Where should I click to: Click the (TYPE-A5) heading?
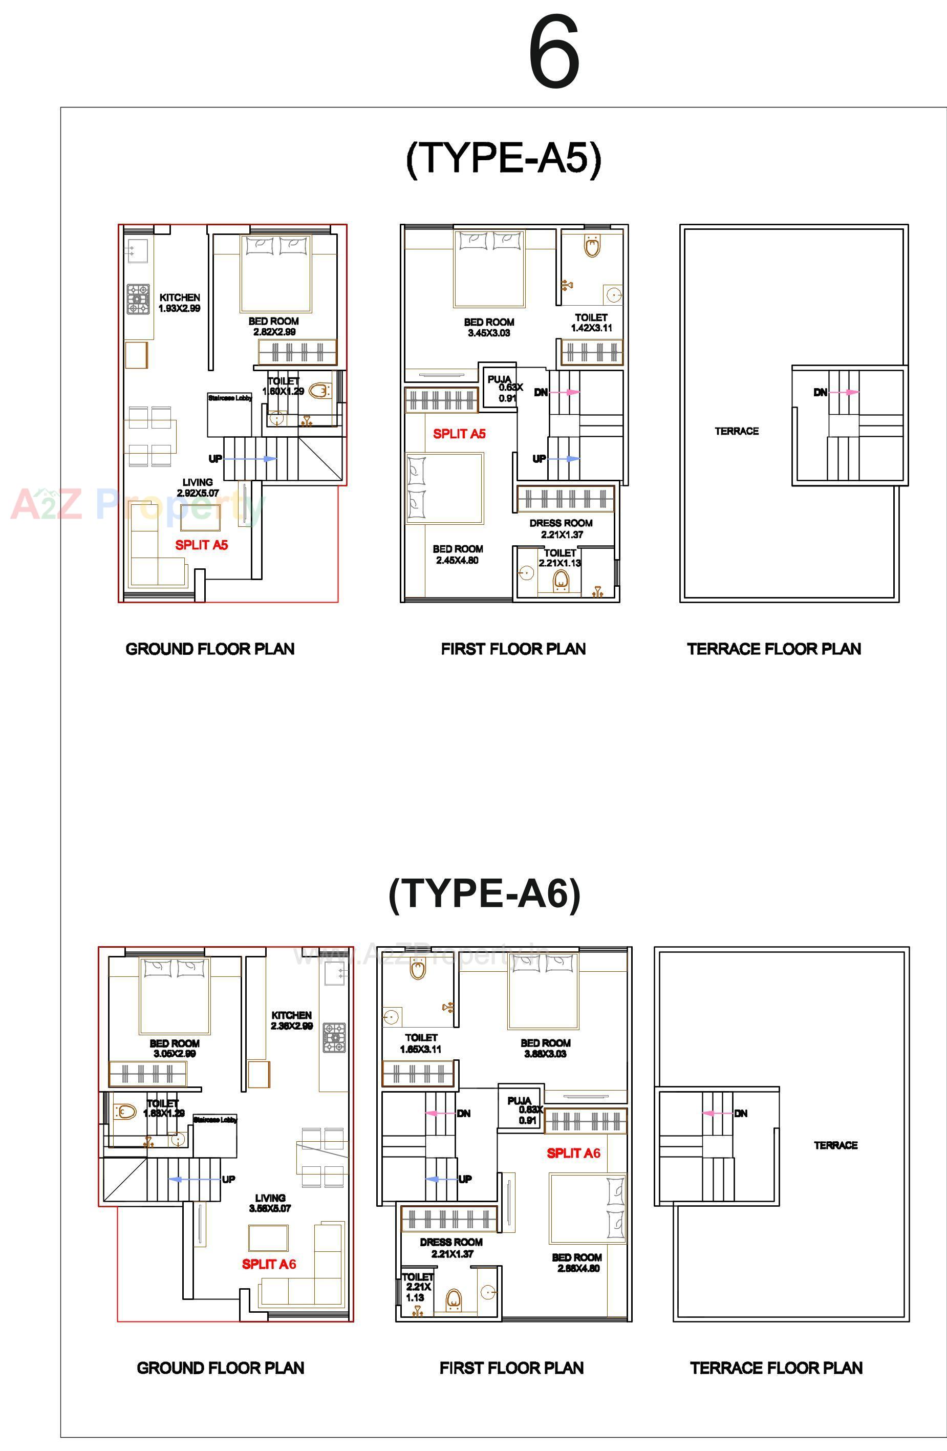(x=503, y=159)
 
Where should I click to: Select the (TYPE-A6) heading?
(x=484, y=894)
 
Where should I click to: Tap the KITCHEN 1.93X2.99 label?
(x=180, y=303)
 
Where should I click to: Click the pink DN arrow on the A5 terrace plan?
(x=844, y=392)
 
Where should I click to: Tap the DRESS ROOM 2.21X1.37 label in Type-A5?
(x=561, y=528)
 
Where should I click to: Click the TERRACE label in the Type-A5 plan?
(x=737, y=431)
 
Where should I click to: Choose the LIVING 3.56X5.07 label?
(x=270, y=1203)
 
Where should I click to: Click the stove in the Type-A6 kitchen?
(x=334, y=1038)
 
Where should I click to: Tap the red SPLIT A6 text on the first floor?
(x=573, y=1153)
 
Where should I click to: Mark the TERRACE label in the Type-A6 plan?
(x=835, y=1145)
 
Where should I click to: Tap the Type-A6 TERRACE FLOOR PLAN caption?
(x=776, y=1368)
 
